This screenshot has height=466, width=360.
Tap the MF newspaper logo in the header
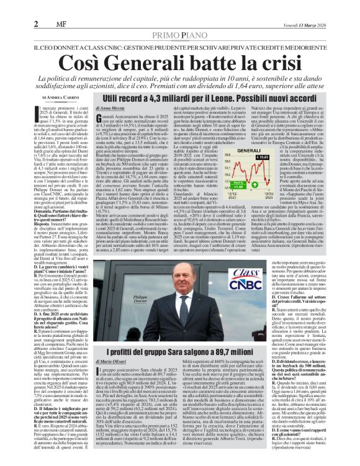coord(53,7)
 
